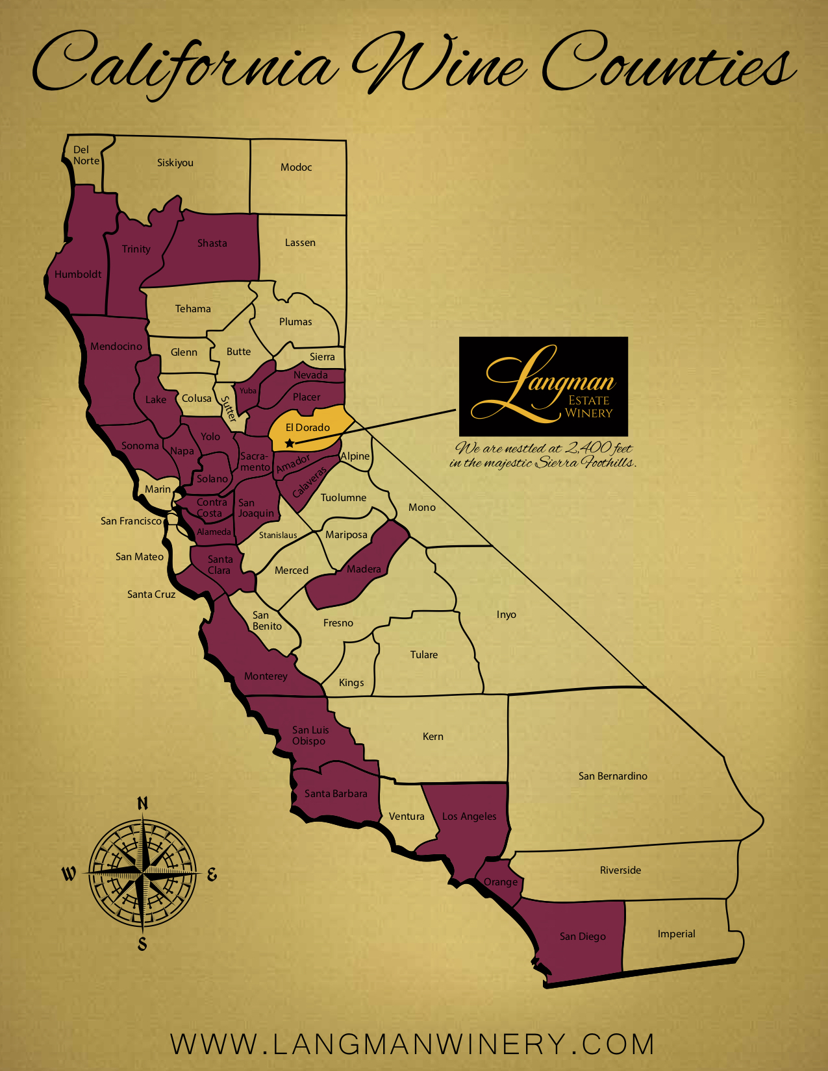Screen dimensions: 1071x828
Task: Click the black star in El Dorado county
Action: [290, 443]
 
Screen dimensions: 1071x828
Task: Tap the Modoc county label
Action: [296, 167]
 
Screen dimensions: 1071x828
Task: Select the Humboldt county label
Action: [78, 275]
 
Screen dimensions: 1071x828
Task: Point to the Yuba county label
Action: [248, 391]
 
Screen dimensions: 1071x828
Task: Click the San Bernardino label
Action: [612, 776]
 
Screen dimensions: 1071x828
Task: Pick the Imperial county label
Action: [676, 934]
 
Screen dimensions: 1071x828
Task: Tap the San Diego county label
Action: [583, 937]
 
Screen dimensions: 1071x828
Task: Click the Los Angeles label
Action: [469, 817]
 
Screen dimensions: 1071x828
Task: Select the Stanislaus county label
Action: [278, 535]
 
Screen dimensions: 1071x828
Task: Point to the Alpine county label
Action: [355, 456]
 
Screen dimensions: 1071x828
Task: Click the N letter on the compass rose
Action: [143, 804]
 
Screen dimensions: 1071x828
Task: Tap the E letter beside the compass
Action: [212, 875]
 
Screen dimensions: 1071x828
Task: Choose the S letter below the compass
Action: [142, 944]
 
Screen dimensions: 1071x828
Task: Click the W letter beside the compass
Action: [69, 874]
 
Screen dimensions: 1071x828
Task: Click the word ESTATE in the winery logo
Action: [588, 400]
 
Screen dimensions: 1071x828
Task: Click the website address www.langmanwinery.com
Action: [413, 1044]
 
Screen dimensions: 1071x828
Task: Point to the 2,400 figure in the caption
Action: [588, 447]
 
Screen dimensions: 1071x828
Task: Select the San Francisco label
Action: [131, 521]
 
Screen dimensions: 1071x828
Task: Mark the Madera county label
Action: [364, 569]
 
